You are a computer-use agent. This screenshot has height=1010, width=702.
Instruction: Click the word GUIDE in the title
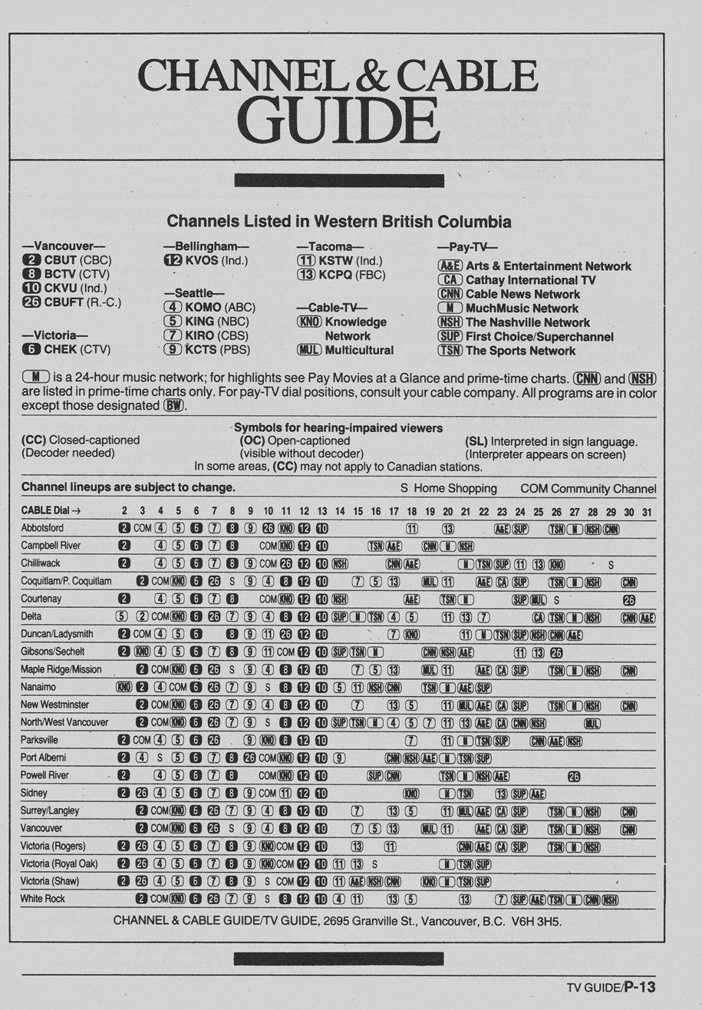pos(338,117)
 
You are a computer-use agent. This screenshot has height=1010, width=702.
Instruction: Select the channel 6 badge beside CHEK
pos(31,349)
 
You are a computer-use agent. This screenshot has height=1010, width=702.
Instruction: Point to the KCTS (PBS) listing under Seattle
pos(206,349)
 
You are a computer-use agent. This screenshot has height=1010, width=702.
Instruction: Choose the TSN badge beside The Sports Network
pos(450,351)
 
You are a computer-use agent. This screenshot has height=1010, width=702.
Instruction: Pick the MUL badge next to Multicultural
pos(308,350)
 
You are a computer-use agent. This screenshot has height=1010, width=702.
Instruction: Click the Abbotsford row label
pos(43,528)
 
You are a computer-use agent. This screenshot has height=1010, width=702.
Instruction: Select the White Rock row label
pos(43,899)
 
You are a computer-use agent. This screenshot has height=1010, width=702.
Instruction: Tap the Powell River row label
pos(44,775)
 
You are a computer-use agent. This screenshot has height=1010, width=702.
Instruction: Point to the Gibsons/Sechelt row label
pos(53,652)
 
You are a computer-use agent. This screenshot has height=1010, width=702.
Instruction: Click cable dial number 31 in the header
pos(647,511)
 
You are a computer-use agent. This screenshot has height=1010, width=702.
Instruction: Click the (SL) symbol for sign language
pos(476,441)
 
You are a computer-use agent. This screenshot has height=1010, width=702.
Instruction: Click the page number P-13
pos(639,988)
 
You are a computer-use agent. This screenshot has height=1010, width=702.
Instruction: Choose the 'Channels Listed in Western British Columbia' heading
pos(339,223)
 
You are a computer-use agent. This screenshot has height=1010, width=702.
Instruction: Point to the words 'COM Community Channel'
pos(588,489)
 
